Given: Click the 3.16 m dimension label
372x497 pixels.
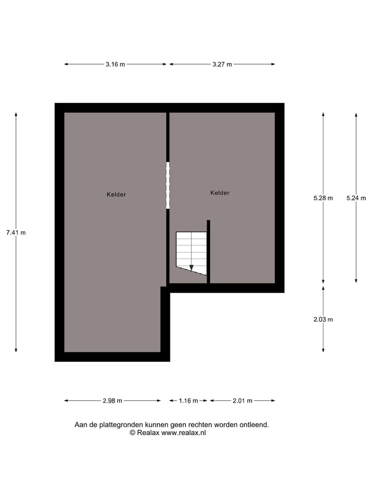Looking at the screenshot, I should (115, 64).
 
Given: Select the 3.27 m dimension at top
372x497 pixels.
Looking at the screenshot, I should (222, 64).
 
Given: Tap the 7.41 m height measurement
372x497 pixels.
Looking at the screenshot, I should (16, 232).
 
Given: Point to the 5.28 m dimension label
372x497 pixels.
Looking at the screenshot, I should (323, 198).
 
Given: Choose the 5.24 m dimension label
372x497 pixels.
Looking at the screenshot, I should (356, 198).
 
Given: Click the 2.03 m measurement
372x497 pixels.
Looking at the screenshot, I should (323, 319).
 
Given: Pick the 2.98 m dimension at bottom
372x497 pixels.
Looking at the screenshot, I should (112, 400).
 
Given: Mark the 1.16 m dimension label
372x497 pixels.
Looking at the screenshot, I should (188, 400).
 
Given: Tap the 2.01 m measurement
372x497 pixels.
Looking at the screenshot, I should (242, 400).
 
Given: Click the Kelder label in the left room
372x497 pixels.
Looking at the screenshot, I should (116, 195).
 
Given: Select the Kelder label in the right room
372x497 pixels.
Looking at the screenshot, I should (220, 193).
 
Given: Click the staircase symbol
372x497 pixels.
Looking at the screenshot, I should (191, 252).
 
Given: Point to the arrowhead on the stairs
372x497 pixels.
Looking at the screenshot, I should (191, 268).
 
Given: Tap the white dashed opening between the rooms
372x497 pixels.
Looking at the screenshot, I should (167, 185).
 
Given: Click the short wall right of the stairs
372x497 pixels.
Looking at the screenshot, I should (208, 252).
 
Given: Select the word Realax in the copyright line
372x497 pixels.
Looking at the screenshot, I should (148, 433).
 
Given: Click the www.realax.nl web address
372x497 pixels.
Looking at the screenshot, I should (183, 433).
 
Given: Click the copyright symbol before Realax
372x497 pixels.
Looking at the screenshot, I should (132, 433).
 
